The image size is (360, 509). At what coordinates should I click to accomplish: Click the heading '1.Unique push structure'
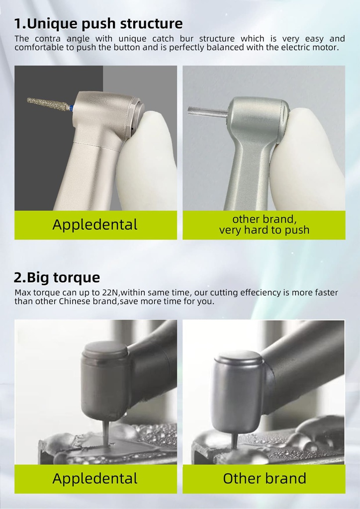98,24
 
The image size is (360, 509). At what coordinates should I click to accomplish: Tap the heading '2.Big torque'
57,277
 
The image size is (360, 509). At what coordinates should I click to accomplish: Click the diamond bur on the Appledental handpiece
49,103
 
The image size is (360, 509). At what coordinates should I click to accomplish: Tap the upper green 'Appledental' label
95,225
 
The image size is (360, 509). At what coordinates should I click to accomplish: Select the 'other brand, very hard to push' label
264,225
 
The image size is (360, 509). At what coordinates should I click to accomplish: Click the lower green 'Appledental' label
95,479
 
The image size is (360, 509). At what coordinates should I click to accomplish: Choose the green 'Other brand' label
264,479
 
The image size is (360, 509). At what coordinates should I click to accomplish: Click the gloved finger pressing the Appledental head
148,159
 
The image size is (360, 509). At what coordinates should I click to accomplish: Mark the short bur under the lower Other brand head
234,441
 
